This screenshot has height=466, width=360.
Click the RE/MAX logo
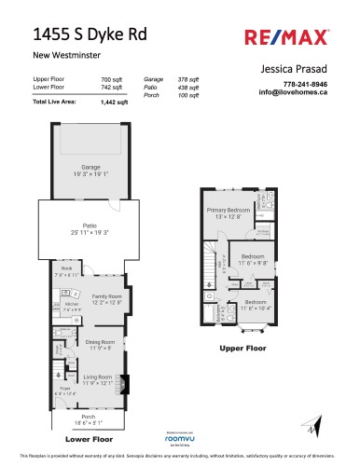(x=300, y=38)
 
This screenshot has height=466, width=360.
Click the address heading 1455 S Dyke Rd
(x=83, y=36)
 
